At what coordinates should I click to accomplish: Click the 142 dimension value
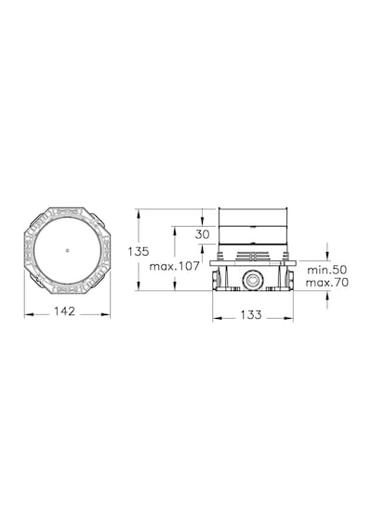point(64,311)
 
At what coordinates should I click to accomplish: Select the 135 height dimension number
point(139,251)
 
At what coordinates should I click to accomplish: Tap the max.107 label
point(175,266)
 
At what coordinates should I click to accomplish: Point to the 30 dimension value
point(202,234)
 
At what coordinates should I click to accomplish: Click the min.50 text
point(327,270)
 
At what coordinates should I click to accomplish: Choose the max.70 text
point(327,283)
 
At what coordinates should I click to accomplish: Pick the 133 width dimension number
point(251,314)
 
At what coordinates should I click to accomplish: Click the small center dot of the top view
point(67,250)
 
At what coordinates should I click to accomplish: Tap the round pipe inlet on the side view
point(252,280)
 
